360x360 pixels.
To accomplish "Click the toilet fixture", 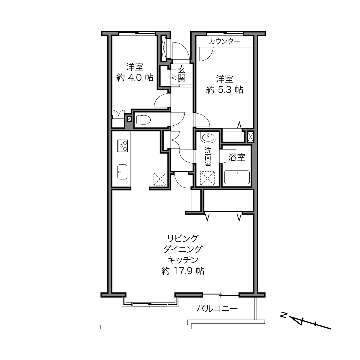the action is (x=143, y=120).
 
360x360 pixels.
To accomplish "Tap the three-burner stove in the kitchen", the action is (x=122, y=145).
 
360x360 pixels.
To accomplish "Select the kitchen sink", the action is (x=122, y=172).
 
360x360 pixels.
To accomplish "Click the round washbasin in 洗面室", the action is (x=208, y=137).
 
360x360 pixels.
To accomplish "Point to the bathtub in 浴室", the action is (x=237, y=177).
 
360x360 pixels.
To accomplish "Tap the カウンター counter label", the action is (x=225, y=41).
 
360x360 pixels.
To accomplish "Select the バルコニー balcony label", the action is (x=217, y=309).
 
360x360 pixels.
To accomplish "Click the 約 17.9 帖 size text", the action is (x=183, y=271).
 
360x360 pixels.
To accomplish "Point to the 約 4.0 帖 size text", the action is (x=135, y=78).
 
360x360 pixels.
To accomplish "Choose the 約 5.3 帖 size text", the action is (x=225, y=90).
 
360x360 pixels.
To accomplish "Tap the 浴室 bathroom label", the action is (x=237, y=158).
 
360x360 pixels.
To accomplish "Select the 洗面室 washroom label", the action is (x=208, y=157).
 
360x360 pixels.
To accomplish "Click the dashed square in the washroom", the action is (x=207, y=178).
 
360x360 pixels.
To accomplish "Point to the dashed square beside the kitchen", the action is (x=160, y=179).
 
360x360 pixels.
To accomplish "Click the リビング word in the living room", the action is (x=183, y=239).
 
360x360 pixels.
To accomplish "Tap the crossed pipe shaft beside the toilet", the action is (x=129, y=118).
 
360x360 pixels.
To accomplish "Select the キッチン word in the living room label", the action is (x=183, y=260).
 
